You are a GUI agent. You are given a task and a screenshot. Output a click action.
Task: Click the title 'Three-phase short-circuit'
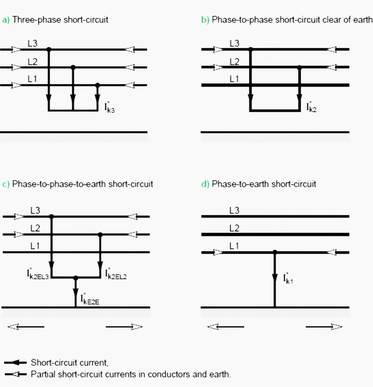pyautogui.click(x=60, y=20)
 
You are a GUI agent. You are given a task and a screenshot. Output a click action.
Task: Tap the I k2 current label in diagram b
pyautogui.click(x=311, y=107)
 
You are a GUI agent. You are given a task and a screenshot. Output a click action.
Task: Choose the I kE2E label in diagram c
pyautogui.click(x=90, y=299)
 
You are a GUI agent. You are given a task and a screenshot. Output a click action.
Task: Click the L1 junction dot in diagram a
pyautogui.click(x=97, y=85)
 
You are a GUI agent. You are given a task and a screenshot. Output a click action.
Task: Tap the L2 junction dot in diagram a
pyautogui.click(x=73, y=67)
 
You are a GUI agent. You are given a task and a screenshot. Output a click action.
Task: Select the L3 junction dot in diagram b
pyautogui.click(x=251, y=50)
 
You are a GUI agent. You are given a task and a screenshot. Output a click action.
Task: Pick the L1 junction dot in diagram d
pyautogui.click(x=275, y=252)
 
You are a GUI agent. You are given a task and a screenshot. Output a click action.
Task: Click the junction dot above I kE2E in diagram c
pyautogui.click(x=76, y=278)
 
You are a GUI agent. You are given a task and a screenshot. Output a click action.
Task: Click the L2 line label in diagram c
pyautogui.click(x=35, y=228)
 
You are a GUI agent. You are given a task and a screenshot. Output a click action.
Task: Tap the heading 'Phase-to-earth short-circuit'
pyautogui.click(x=264, y=184)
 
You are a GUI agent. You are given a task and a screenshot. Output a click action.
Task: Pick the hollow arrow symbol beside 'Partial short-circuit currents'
pyautogui.click(x=16, y=375)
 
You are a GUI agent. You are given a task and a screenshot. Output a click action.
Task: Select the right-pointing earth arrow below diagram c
pyautogui.click(x=124, y=327)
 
